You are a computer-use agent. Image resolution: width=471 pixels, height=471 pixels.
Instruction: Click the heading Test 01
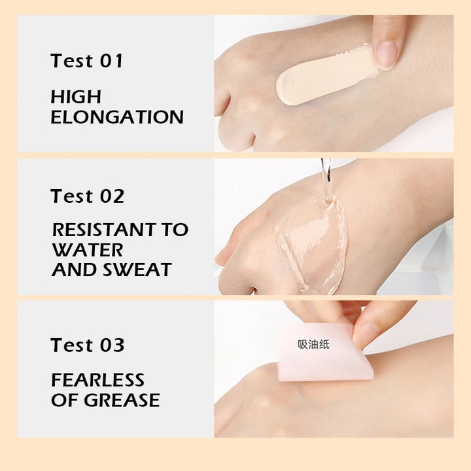pyautogui.click(x=86, y=61)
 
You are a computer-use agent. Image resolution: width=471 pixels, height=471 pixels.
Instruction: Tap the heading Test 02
pyautogui.click(x=87, y=196)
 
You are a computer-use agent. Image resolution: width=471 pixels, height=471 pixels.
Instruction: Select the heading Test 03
pyautogui.click(x=87, y=345)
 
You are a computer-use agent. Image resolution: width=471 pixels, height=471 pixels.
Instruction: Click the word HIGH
pyautogui.click(x=76, y=97)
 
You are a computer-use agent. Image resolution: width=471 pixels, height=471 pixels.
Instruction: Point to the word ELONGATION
pyautogui.click(x=117, y=117)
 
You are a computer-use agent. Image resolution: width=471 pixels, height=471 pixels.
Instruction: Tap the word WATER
pyautogui.click(x=88, y=250)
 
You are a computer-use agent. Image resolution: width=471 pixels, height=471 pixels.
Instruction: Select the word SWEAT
pyautogui.click(x=137, y=270)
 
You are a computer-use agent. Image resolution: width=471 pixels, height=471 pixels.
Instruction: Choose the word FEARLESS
pyautogui.click(x=97, y=379)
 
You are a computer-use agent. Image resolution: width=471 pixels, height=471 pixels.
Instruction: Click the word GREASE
pyautogui.click(x=122, y=400)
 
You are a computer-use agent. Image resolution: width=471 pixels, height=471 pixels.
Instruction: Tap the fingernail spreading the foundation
pyautogui.click(x=386, y=54)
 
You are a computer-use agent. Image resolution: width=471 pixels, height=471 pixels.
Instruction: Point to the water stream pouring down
pyautogui.click(x=326, y=181)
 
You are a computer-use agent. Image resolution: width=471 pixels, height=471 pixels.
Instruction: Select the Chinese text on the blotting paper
pyautogui.click(x=313, y=344)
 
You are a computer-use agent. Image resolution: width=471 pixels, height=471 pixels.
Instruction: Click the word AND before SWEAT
pyautogui.click(x=75, y=270)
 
